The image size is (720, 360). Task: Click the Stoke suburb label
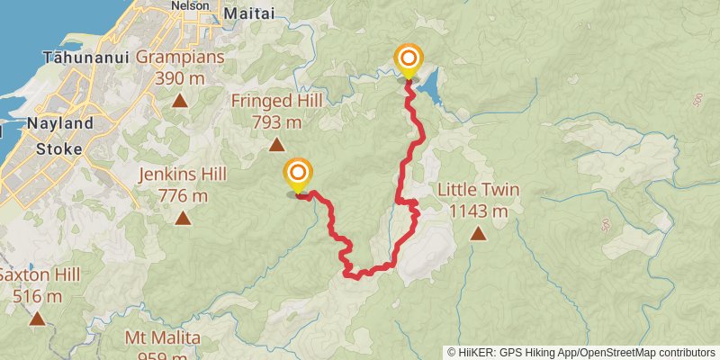click(x=59, y=148)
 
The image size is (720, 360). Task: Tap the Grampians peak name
click(x=181, y=58)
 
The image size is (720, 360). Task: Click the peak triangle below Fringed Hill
click(x=276, y=144)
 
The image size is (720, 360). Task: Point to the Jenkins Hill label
click(x=183, y=174)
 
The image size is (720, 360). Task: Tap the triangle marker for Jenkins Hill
click(x=183, y=217)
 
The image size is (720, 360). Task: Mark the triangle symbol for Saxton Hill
click(x=37, y=318)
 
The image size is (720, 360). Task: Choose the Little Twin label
click(x=479, y=190)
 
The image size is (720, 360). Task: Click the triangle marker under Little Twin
click(x=478, y=234)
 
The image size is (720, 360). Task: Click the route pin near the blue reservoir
click(x=409, y=63)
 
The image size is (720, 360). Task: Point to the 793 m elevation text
click(x=276, y=122)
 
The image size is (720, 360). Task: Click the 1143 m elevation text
click(x=479, y=211)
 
